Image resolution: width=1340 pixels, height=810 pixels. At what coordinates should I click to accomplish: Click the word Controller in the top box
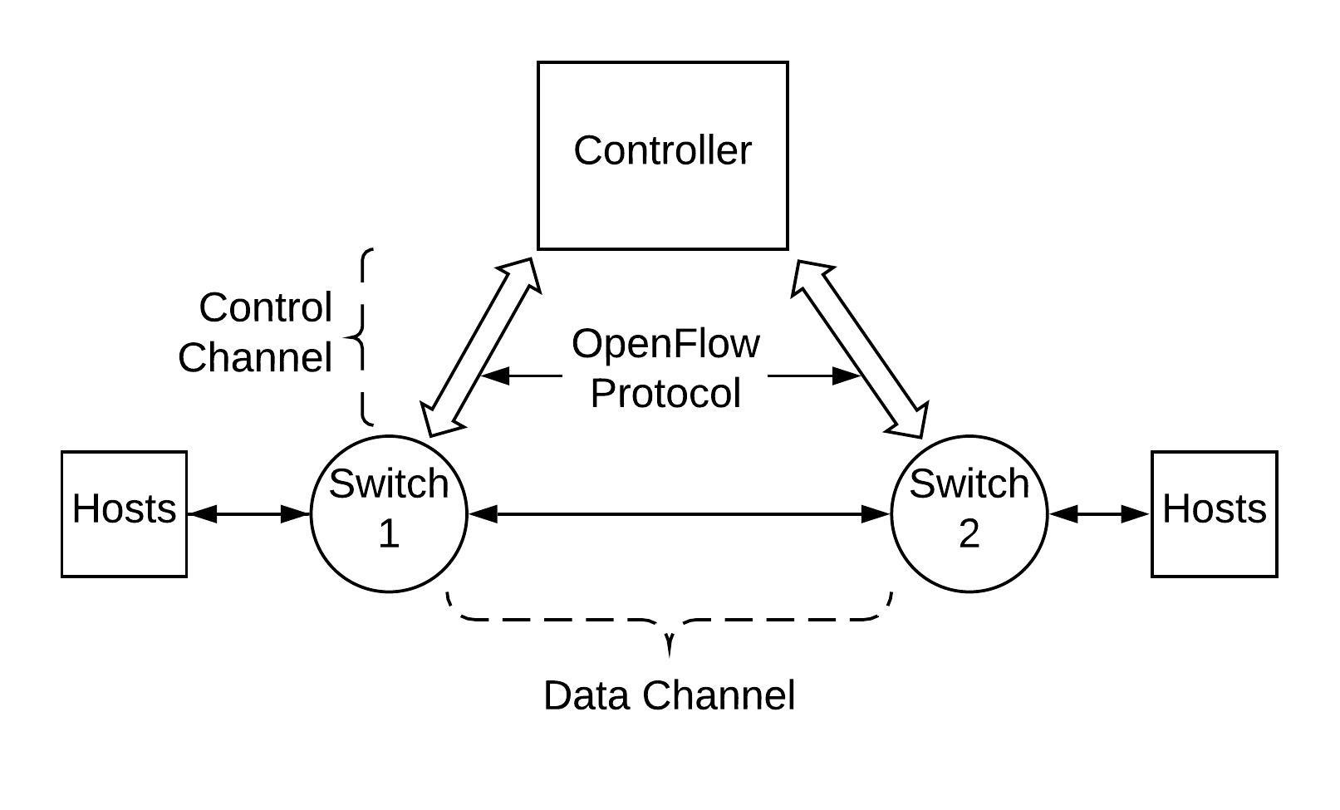[x=662, y=150]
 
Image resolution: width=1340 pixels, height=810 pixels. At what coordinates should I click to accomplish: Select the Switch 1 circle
[x=389, y=514]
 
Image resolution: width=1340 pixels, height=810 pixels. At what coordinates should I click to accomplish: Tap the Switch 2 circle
[x=969, y=514]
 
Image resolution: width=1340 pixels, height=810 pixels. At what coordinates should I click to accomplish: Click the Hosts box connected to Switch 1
[x=125, y=514]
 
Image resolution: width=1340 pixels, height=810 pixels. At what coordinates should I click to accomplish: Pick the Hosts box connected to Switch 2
[x=1215, y=514]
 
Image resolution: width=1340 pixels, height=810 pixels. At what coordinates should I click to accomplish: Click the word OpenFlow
[x=665, y=344]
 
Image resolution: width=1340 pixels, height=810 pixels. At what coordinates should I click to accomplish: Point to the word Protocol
[x=665, y=393]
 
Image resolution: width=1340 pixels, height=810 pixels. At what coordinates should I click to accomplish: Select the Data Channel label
[x=669, y=695]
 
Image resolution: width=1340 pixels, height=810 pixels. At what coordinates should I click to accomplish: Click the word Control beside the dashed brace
[x=265, y=307]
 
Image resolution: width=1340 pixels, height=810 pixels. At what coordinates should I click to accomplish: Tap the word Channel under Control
[x=255, y=358]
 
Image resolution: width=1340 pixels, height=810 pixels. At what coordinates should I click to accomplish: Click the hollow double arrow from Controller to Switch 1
[x=481, y=347]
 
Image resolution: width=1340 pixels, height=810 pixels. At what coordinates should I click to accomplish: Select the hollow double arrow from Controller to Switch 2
[x=860, y=349]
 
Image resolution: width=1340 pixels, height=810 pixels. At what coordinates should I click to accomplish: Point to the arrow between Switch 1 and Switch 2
[x=679, y=514]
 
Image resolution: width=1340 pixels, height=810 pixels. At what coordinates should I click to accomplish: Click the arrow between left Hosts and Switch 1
[x=249, y=514]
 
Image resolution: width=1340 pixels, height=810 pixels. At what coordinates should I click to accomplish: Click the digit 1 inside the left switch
[x=389, y=533]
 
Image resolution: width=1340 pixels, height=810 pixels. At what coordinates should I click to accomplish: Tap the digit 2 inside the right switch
[x=969, y=533]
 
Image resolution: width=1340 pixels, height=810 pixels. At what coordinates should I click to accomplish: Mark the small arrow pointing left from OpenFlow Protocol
[x=521, y=376]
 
